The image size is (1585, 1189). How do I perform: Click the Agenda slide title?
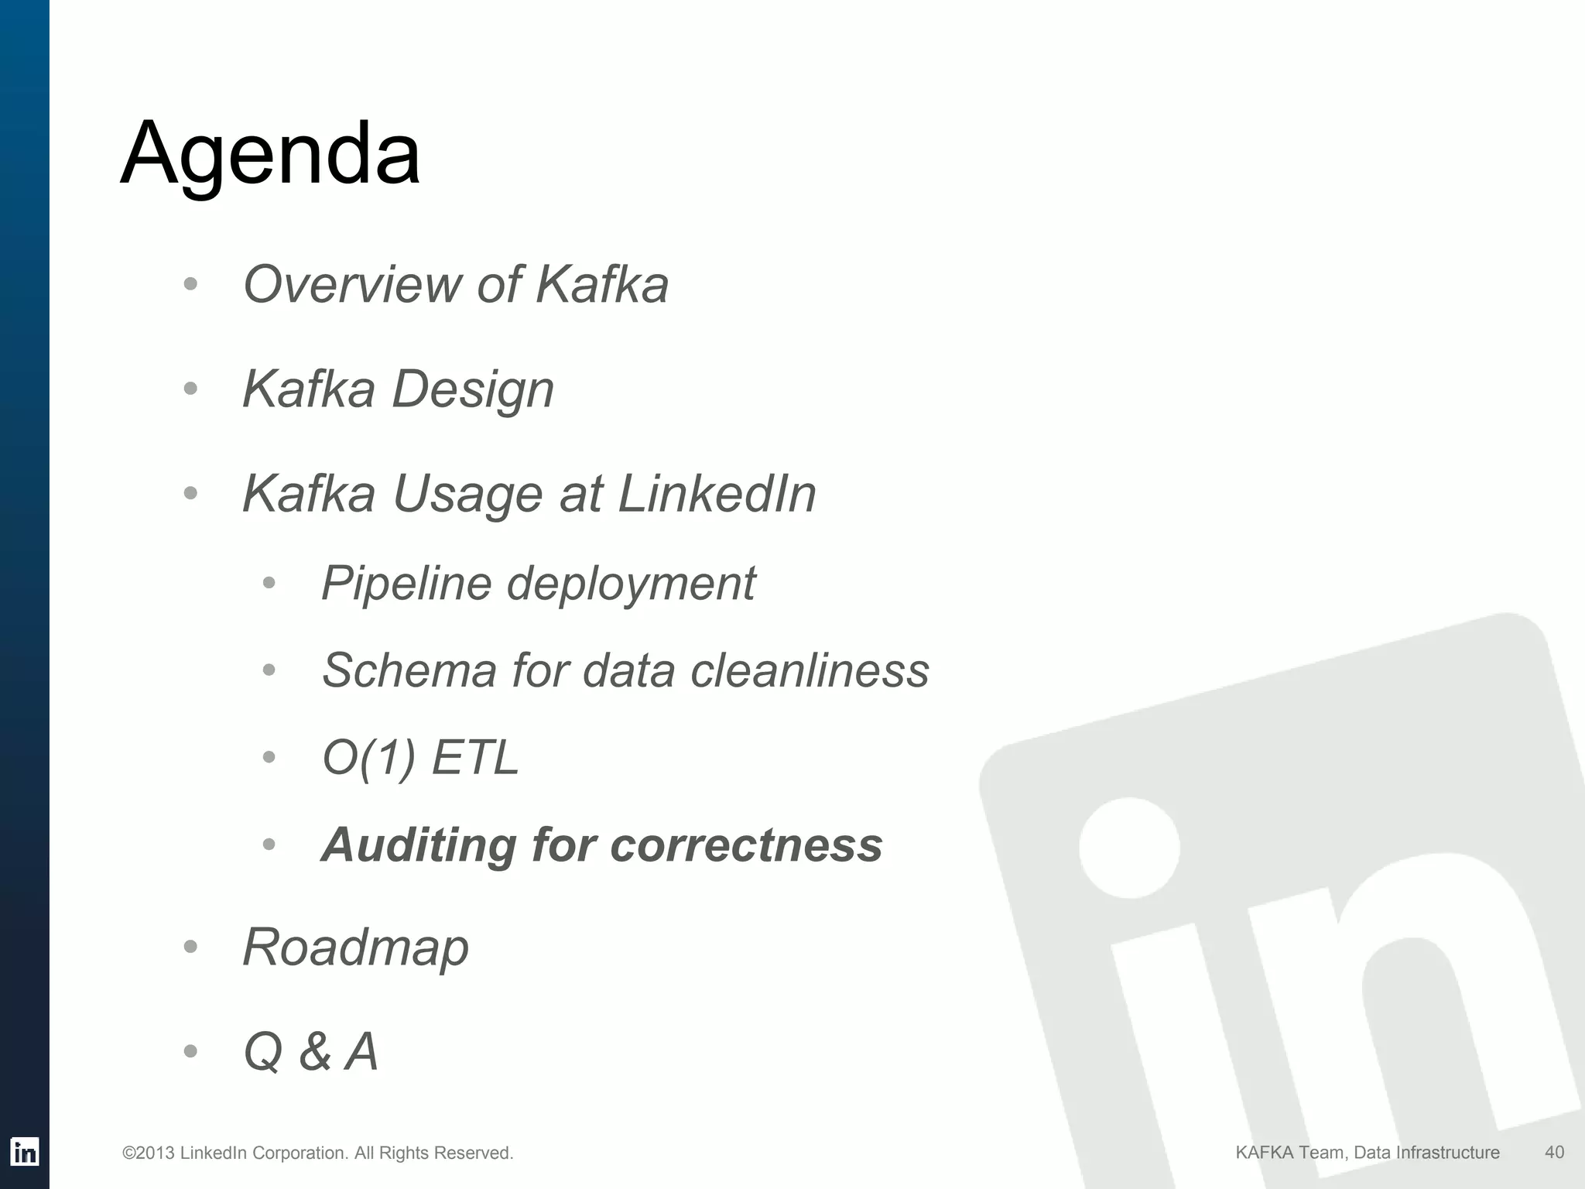point(271,155)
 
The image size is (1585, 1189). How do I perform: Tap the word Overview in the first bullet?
point(351,284)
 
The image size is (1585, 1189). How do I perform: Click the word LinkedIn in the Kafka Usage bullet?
point(717,494)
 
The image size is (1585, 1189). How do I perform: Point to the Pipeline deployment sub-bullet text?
point(538,583)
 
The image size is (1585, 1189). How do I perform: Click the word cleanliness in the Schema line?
point(810,670)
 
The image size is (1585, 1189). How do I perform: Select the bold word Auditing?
point(418,845)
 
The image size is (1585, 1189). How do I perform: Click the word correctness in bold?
point(746,845)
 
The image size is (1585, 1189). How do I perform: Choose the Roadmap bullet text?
point(355,947)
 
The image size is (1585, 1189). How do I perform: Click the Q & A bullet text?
point(310,1052)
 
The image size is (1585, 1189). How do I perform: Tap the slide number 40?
point(1554,1152)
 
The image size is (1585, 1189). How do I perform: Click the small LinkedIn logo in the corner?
point(25,1152)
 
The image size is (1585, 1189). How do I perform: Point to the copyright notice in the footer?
point(317,1153)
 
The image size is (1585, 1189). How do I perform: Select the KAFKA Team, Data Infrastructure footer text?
point(1367,1153)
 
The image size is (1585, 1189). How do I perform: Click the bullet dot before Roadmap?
point(191,947)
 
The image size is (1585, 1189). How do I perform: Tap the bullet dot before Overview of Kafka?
point(191,284)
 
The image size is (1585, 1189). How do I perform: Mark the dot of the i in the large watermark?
point(1129,848)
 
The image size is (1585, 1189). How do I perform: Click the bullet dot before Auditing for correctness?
point(269,845)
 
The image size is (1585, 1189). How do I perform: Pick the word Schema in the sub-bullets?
point(409,670)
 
